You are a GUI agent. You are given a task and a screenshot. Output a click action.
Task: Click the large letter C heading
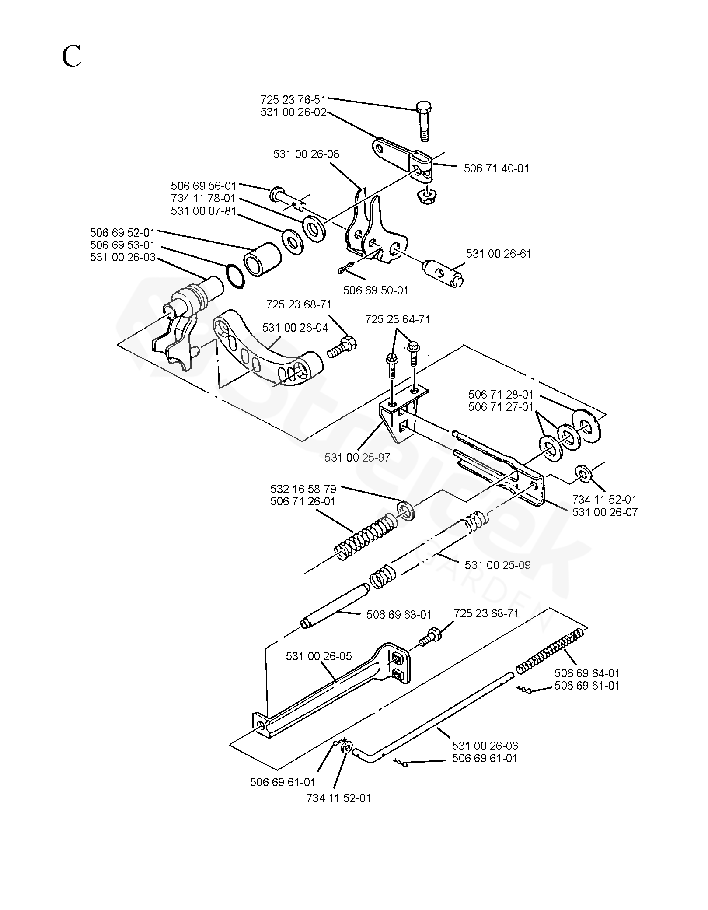[71, 56]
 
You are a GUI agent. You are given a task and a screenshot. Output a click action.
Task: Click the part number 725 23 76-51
[293, 99]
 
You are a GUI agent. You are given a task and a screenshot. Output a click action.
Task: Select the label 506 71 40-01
[496, 168]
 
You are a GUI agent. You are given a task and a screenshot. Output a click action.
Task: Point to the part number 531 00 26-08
[306, 154]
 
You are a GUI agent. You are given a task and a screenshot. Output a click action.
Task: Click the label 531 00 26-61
[499, 254]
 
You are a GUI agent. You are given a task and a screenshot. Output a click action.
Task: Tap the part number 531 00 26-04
[295, 328]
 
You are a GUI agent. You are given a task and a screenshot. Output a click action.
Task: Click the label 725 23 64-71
[398, 320]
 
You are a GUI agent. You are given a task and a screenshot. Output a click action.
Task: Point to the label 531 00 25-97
[357, 457]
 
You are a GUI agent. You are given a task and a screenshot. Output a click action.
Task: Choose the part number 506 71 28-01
[501, 395]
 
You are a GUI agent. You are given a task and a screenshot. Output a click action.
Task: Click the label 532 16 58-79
[303, 489]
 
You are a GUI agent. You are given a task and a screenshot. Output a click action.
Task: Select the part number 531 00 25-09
[498, 565]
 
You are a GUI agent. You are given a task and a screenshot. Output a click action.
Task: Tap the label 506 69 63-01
[399, 615]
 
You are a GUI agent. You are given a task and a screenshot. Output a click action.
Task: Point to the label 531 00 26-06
[485, 745]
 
